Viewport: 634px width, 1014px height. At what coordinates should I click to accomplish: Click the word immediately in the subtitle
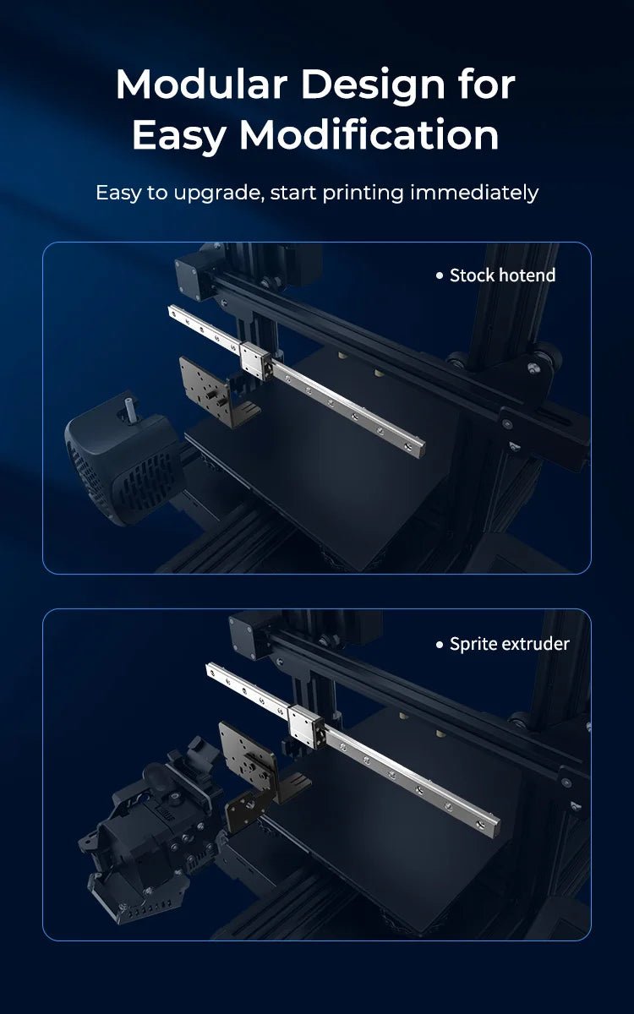(x=474, y=193)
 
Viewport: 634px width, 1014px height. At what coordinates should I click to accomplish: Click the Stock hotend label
(x=502, y=275)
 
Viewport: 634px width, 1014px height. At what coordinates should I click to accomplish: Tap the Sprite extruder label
(x=509, y=644)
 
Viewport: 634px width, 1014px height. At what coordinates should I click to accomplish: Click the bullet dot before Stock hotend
(x=439, y=275)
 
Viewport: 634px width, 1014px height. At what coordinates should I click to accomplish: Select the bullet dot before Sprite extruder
(x=439, y=645)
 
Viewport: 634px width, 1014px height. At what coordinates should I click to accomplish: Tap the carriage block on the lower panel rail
(x=304, y=723)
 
